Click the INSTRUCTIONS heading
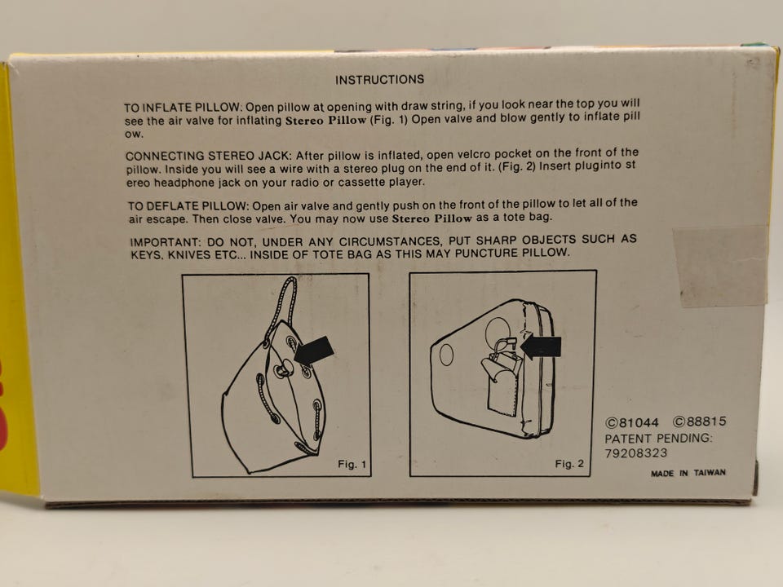pos(379,80)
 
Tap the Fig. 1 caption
pos(352,464)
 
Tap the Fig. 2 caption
pos(569,464)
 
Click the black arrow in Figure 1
pos(314,350)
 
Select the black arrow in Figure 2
pos(541,347)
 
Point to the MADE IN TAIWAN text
pos(688,473)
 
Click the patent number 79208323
pos(635,453)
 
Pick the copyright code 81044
pos(632,423)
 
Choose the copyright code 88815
pos(700,421)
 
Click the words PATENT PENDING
pos(659,439)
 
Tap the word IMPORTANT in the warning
pos(165,243)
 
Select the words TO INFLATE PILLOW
pos(183,108)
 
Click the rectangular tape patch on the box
pos(720,267)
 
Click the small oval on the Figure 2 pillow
pos(446,355)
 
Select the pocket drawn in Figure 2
pos(502,383)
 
